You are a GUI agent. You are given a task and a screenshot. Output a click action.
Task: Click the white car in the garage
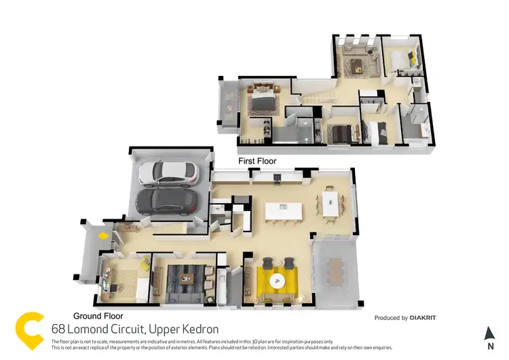[x=170, y=175]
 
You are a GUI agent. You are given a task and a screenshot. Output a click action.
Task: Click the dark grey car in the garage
[x=167, y=201]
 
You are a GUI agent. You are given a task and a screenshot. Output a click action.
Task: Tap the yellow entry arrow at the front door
[x=102, y=236]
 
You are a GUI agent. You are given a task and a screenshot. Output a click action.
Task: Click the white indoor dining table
[x=331, y=202]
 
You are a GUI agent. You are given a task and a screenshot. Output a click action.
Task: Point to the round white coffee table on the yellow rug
[x=276, y=280]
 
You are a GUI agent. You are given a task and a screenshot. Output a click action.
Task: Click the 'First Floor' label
[x=257, y=161]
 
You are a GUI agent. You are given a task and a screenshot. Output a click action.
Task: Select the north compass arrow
[x=489, y=333]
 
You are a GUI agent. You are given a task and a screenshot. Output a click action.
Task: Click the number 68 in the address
[x=59, y=329]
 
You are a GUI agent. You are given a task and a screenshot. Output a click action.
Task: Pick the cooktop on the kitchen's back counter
[x=278, y=179]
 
